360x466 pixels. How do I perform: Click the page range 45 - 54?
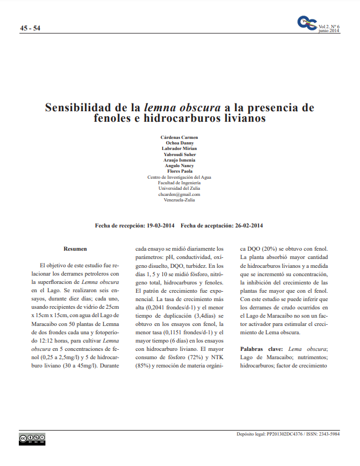tap(30, 28)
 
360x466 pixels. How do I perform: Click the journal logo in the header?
tap(307, 24)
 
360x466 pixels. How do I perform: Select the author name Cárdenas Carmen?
tap(179, 137)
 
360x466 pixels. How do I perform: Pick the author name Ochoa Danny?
tap(179, 143)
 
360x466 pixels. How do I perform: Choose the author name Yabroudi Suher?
tap(179, 154)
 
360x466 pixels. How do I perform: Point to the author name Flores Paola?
tap(179, 172)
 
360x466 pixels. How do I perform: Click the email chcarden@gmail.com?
tap(179, 194)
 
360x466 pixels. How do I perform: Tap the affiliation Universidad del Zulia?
tap(179, 188)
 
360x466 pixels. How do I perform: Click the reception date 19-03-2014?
tap(161, 226)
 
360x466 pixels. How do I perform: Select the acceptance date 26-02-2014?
tap(249, 226)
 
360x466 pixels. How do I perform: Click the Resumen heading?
tap(75, 249)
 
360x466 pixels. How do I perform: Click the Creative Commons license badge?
tap(32, 438)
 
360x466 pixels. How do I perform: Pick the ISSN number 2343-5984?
tap(328, 434)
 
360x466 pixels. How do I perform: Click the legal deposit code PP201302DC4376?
tap(284, 434)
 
